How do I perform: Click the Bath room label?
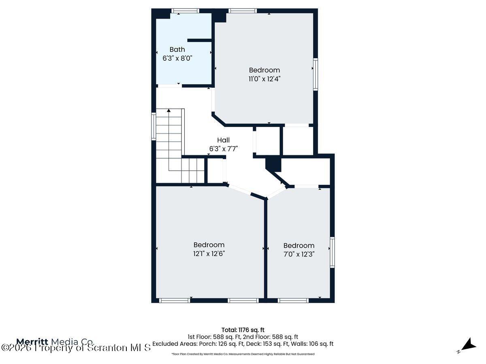[x=177, y=49]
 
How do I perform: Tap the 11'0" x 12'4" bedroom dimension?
[x=264, y=79]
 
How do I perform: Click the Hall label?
[x=223, y=140]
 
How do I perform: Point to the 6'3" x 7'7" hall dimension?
[x=223, y=149]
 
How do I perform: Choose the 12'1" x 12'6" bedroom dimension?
[x=209, y=254]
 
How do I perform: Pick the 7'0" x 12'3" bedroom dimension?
[x=299, y=254]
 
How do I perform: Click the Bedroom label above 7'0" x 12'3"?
[x=299, y=245]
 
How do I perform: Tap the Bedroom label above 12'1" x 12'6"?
[x=209, y=245]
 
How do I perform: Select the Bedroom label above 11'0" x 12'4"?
[x=264, y=70]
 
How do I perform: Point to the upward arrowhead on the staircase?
[x=169, y=110]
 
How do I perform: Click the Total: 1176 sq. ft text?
[x=243, y=330]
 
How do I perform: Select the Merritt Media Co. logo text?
[x=55, y=341]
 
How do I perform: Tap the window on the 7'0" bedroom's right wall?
[x=332, y=252]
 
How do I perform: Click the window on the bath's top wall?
[x=185, y=11]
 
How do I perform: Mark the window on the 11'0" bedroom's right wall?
[x=315, y=74]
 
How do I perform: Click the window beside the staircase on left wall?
[x=154, y=127]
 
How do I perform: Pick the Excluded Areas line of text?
[x=243, y=344]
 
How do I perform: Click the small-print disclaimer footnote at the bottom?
[x=243, y=354]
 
